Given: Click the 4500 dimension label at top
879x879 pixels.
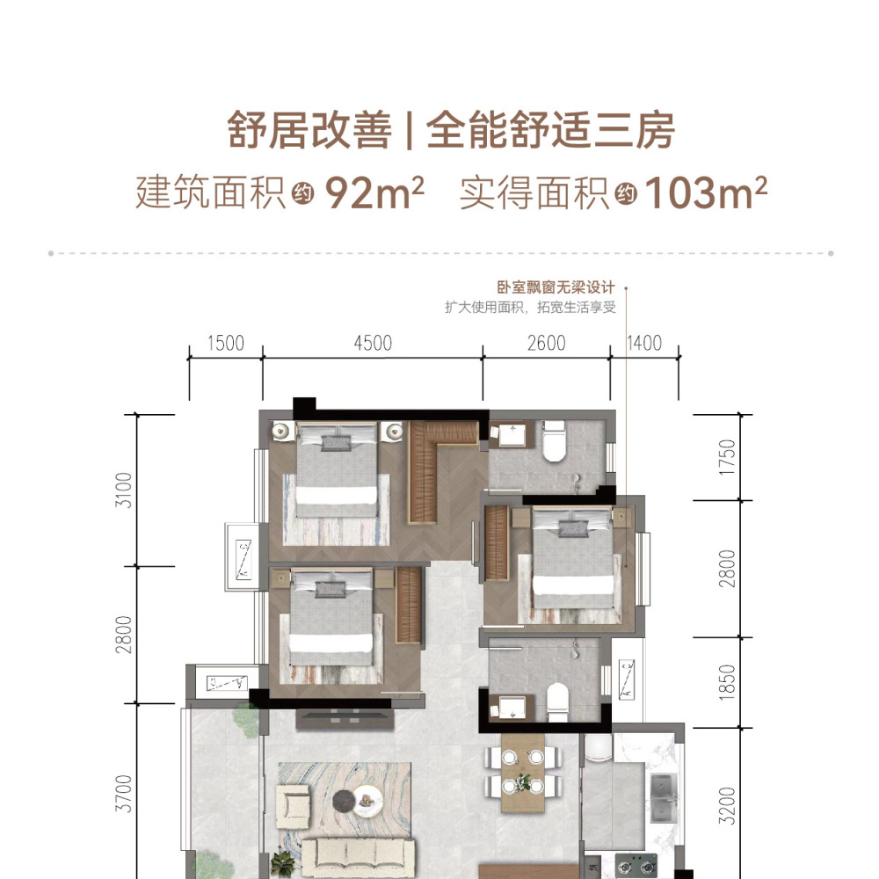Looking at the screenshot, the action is tap(373, 343).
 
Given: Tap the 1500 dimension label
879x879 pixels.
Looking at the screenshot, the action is tap(226, 343).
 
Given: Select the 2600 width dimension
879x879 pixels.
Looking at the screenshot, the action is tap(547, 343).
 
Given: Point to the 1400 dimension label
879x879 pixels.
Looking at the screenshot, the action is tap(644, 343).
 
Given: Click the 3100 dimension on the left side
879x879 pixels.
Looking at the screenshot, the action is tap(123, 490).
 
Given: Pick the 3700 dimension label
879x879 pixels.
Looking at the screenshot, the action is tap(123, 794).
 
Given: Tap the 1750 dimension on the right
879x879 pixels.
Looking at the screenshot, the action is tap(727, 457).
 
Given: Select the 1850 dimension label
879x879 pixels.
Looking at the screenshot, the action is tap(727, 682).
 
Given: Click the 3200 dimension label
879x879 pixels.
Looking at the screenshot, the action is tap(727, 805).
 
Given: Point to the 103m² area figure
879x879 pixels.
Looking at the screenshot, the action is tap(705, 193).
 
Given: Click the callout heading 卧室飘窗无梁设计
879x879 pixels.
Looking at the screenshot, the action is tap(556, 287).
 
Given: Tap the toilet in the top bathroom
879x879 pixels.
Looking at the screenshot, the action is tap(554, 441).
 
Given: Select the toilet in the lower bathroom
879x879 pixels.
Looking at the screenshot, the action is tap(557, 702).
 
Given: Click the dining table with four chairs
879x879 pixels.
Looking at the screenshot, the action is tap(523, 773).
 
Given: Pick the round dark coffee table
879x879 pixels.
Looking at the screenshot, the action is tap(343, 801).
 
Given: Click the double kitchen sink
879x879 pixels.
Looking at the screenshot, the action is tap(664, 797).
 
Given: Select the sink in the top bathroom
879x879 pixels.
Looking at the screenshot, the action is tap(512, 436).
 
